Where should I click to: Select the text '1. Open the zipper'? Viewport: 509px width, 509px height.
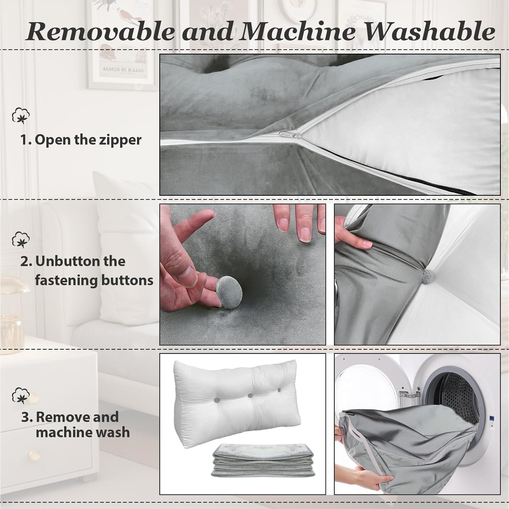81,140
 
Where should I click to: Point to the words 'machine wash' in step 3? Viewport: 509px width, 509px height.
83,432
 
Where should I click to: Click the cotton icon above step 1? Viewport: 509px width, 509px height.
21,116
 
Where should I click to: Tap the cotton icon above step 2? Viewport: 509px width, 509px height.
21,240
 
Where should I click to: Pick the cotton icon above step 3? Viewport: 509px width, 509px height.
21,396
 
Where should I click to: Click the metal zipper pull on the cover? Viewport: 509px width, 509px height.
290,134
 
